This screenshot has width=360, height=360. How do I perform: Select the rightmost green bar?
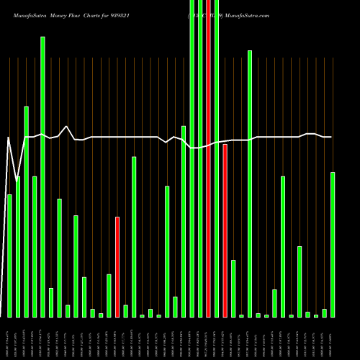tap(333, 245)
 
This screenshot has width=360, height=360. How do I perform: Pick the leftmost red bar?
tap(117, 266)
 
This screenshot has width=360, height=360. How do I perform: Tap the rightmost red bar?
tap(225, 230)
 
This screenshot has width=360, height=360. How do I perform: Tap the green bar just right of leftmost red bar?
tap(125, 311)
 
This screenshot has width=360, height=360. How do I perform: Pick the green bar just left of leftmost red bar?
tap(109, 295)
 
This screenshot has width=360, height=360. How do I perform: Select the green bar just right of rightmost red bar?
tap(233, 288)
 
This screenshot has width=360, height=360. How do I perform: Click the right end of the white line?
tap(331, 137)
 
